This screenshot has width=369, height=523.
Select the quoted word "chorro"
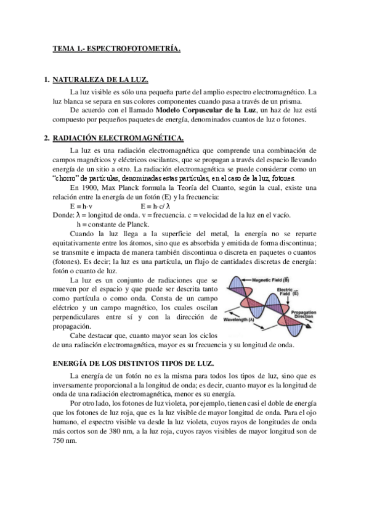[x=66, y=178]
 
